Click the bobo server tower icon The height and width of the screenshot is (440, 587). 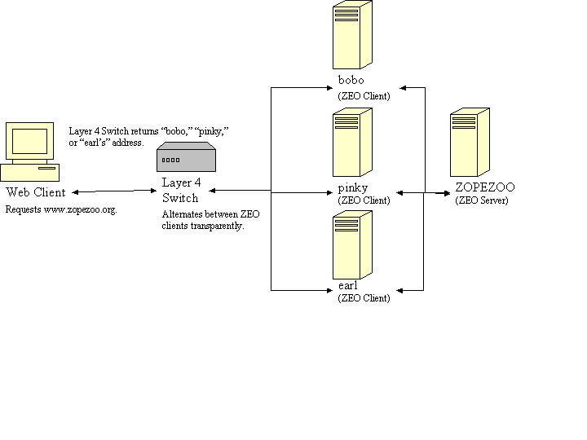point(352,36)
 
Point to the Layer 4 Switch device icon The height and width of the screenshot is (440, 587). point(186,157)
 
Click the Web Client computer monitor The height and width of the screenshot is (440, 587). point(27,143)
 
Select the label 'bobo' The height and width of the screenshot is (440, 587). point(351,81)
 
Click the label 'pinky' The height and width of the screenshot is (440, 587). point(352,188)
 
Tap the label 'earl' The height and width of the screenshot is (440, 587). point(347,286)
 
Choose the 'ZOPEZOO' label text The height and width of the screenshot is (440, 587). point(485,187)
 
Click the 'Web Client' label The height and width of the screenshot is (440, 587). point(36,193)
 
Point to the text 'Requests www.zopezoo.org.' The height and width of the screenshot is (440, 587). point(61,210)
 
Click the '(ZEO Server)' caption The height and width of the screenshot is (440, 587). point(481,200)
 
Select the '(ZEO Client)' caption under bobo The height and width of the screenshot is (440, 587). point(364,96)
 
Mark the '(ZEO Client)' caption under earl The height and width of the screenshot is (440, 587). point(364,298)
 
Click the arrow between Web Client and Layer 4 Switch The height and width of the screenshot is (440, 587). point(113,192)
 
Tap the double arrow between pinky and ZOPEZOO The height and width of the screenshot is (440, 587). point(424,193)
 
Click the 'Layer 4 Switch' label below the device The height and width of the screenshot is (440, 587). point(181,191)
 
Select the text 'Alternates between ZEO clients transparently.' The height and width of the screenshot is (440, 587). point(210,220)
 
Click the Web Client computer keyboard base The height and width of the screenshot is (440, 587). point(30,172)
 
